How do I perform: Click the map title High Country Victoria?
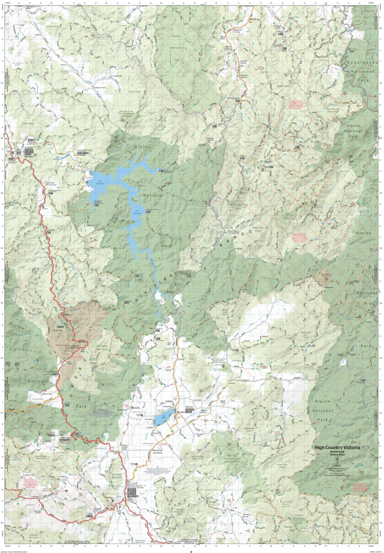[x=337, y=447]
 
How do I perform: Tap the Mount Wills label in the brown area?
[x=60, y=330]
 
